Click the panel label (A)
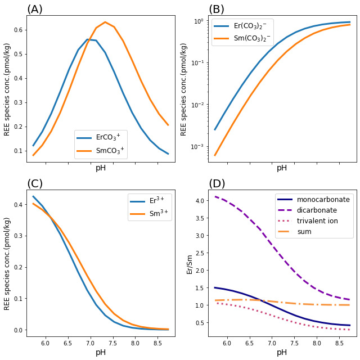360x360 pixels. [35, 10]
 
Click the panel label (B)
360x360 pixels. [217, 10]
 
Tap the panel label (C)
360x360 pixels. [35, 184]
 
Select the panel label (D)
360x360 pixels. [217, 184]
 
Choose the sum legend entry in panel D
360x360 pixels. [312, 232]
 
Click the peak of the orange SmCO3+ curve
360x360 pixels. [105, 22]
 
